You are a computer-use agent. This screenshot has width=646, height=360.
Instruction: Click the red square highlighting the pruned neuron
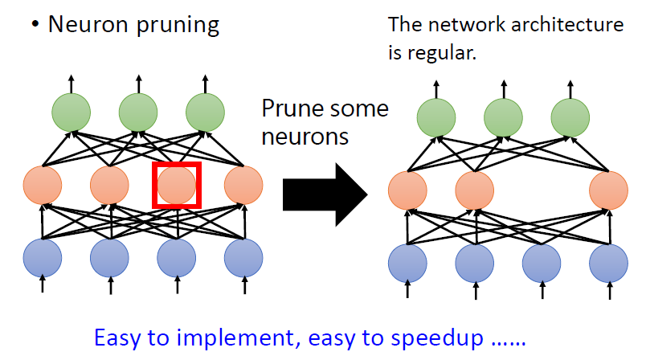176,185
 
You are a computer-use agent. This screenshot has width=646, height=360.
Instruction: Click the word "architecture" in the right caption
573,25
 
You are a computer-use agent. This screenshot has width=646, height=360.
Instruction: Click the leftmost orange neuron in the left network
43,186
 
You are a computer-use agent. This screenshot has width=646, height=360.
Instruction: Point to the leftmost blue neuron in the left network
43,257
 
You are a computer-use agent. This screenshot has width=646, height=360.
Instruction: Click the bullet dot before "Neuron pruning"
35,26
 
